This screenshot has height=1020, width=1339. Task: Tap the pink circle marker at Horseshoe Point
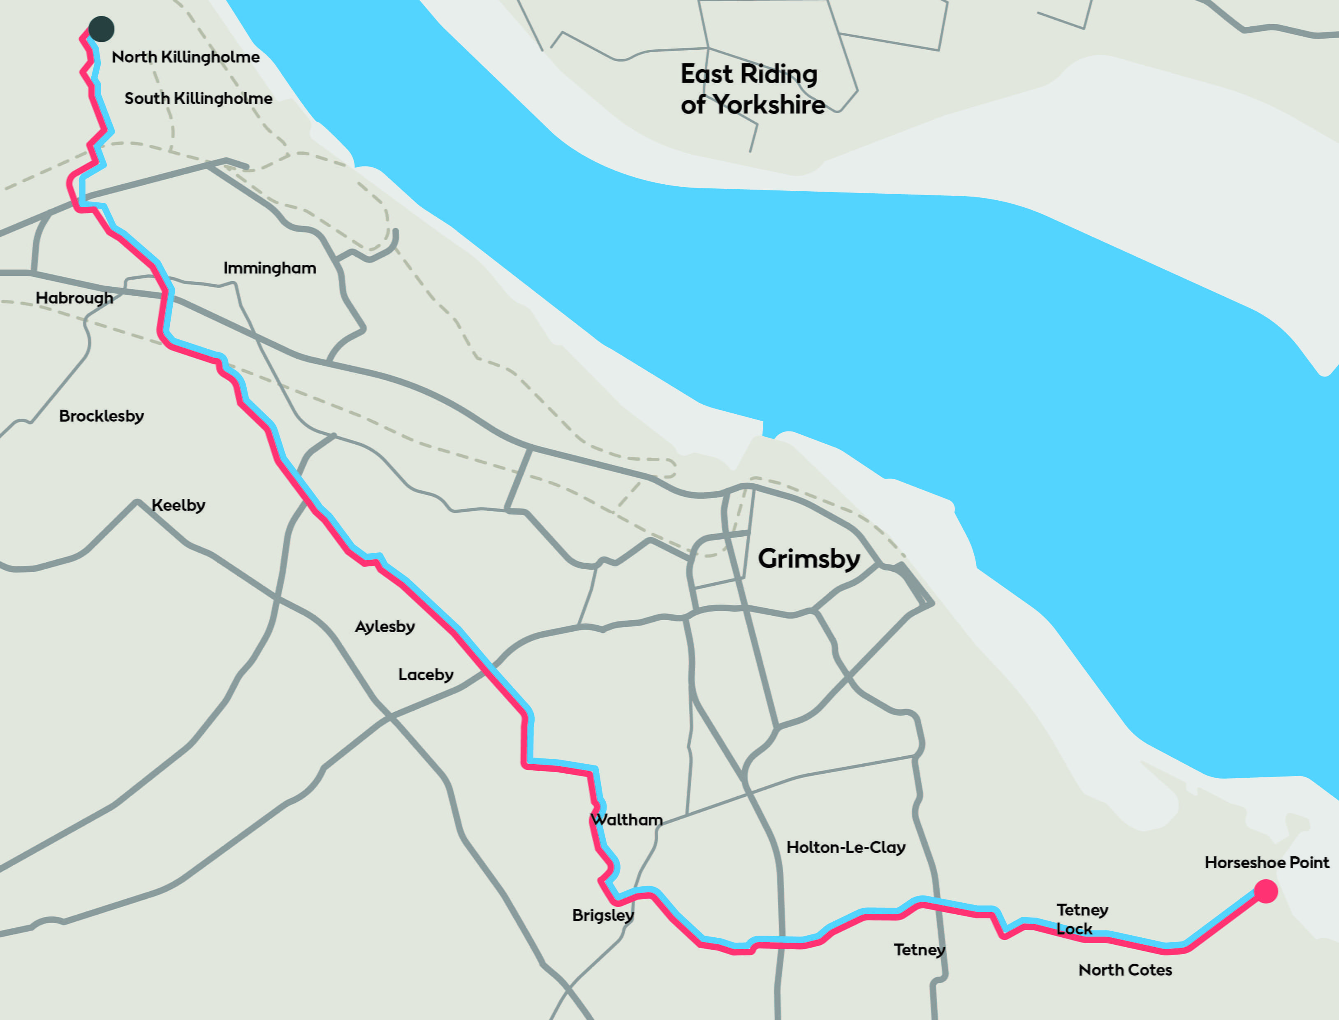point(1265,891)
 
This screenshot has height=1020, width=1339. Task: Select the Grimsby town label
point(808,559)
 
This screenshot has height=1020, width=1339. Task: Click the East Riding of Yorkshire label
point(751,89)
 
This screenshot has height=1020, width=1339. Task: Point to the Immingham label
point(269,268)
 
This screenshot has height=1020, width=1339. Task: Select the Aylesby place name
point(385,626)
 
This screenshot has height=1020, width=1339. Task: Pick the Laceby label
point(426,675)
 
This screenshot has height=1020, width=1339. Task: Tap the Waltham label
point(626,820)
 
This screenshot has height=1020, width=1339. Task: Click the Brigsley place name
point(603,915)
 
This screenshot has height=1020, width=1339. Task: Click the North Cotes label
point(1125,969)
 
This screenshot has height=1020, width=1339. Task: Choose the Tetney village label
point(919,950)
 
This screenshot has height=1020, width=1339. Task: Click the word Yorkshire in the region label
point(769,105)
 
